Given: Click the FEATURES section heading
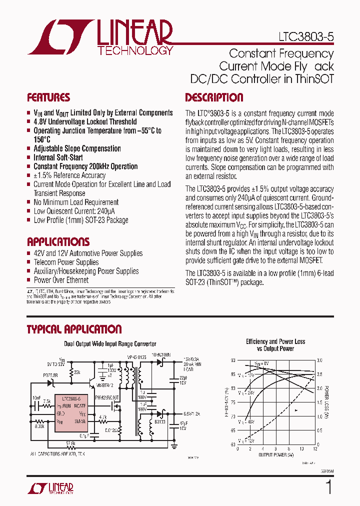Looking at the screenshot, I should pyautogui.click(x=48, y=97).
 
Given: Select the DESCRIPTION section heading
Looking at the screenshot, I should pyautogui.click(x=214, y=97).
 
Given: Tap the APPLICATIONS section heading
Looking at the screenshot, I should pyautogui.click(x=58, y=241).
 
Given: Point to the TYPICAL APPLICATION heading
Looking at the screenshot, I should pyautogui.click(x=74, y=329).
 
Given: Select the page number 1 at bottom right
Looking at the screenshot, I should pyautogui.click(x=328, y=486).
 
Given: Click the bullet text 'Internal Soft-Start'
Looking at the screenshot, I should pyautogui.click(x=58, y=157).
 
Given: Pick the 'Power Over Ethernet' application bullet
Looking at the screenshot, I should pyautogui.click(x=61, y=280).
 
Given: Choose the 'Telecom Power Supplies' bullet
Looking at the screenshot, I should pyautogui.click(x=66, y=262).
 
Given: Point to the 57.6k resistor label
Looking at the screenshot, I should pyautogui.click(x=70, y=442).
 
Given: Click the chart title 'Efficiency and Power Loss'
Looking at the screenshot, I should pyautogui.click(x=275, y=341).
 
